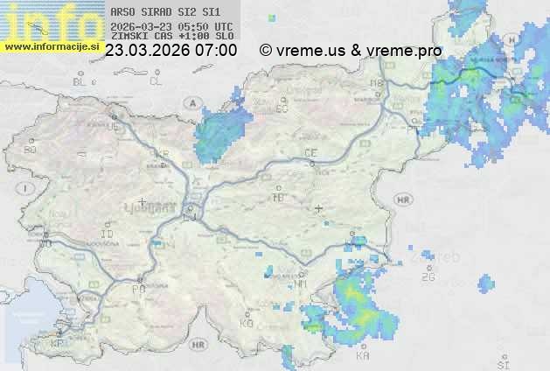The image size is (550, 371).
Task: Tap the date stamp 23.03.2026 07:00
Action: tap(171, 51)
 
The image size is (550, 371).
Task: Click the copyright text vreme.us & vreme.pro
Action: tap(351, 51)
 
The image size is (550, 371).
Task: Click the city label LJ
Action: tap(190, 218)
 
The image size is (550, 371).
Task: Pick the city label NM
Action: tap(302, 283)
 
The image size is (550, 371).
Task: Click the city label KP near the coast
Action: tap(57, 344)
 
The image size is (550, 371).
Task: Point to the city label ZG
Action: tap(428, 277)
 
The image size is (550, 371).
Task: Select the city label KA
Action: tap(363, 356)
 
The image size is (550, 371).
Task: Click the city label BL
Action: tap(80, 81)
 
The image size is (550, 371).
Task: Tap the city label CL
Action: tap(156, 81)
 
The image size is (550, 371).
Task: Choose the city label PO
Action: tap(138, 288)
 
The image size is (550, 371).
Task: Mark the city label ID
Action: tap(108, 234)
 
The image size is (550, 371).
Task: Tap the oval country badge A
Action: tap(191, 103)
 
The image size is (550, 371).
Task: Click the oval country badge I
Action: tap(28, 188)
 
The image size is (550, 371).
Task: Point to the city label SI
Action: tap(502, 363)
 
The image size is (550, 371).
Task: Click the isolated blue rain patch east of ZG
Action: tap(485, 283)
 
